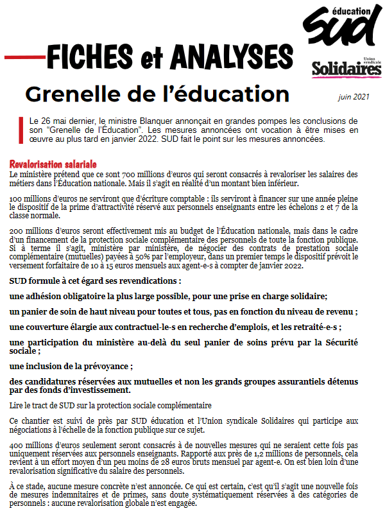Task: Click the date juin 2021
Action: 354,98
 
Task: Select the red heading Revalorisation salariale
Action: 53,164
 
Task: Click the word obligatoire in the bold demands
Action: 95,297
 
